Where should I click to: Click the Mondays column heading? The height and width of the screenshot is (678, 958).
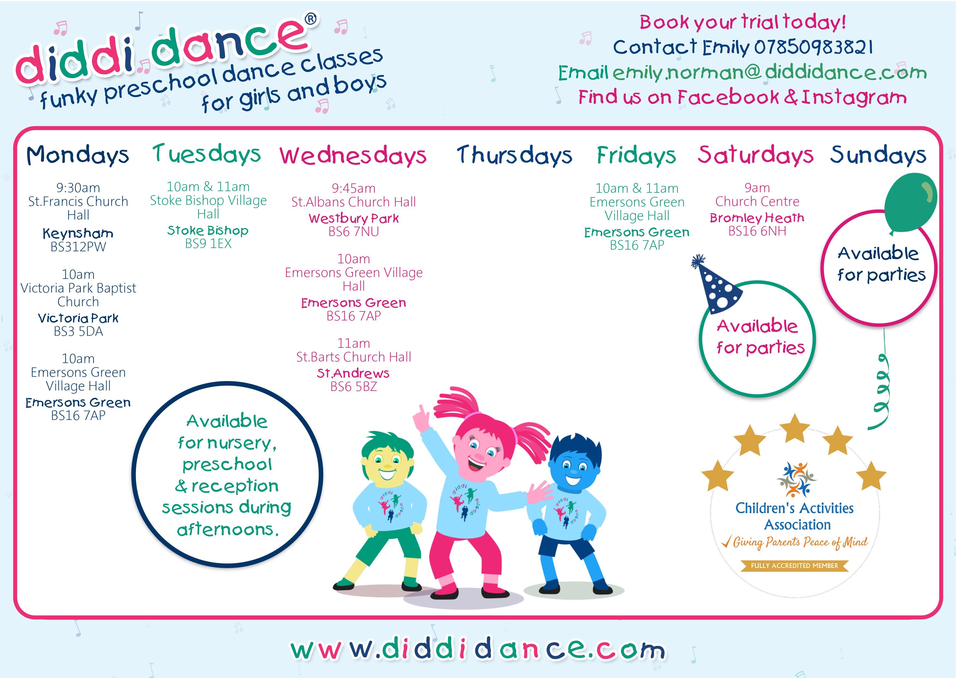point(78,155)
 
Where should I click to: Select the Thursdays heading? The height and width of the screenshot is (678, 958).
point(514,155)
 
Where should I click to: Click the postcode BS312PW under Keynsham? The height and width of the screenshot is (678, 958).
point(78,247)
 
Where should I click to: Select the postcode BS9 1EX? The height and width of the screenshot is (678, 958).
point(208,244)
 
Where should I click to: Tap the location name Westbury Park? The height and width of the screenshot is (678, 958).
point(354,218)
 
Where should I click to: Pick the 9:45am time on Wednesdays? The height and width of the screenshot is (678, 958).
point(354,188)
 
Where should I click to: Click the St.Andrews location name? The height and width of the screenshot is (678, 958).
point(353,373)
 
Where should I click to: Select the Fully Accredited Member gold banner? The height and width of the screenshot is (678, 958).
point(794,566)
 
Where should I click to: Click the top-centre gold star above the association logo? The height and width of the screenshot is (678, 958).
point(795,429)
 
